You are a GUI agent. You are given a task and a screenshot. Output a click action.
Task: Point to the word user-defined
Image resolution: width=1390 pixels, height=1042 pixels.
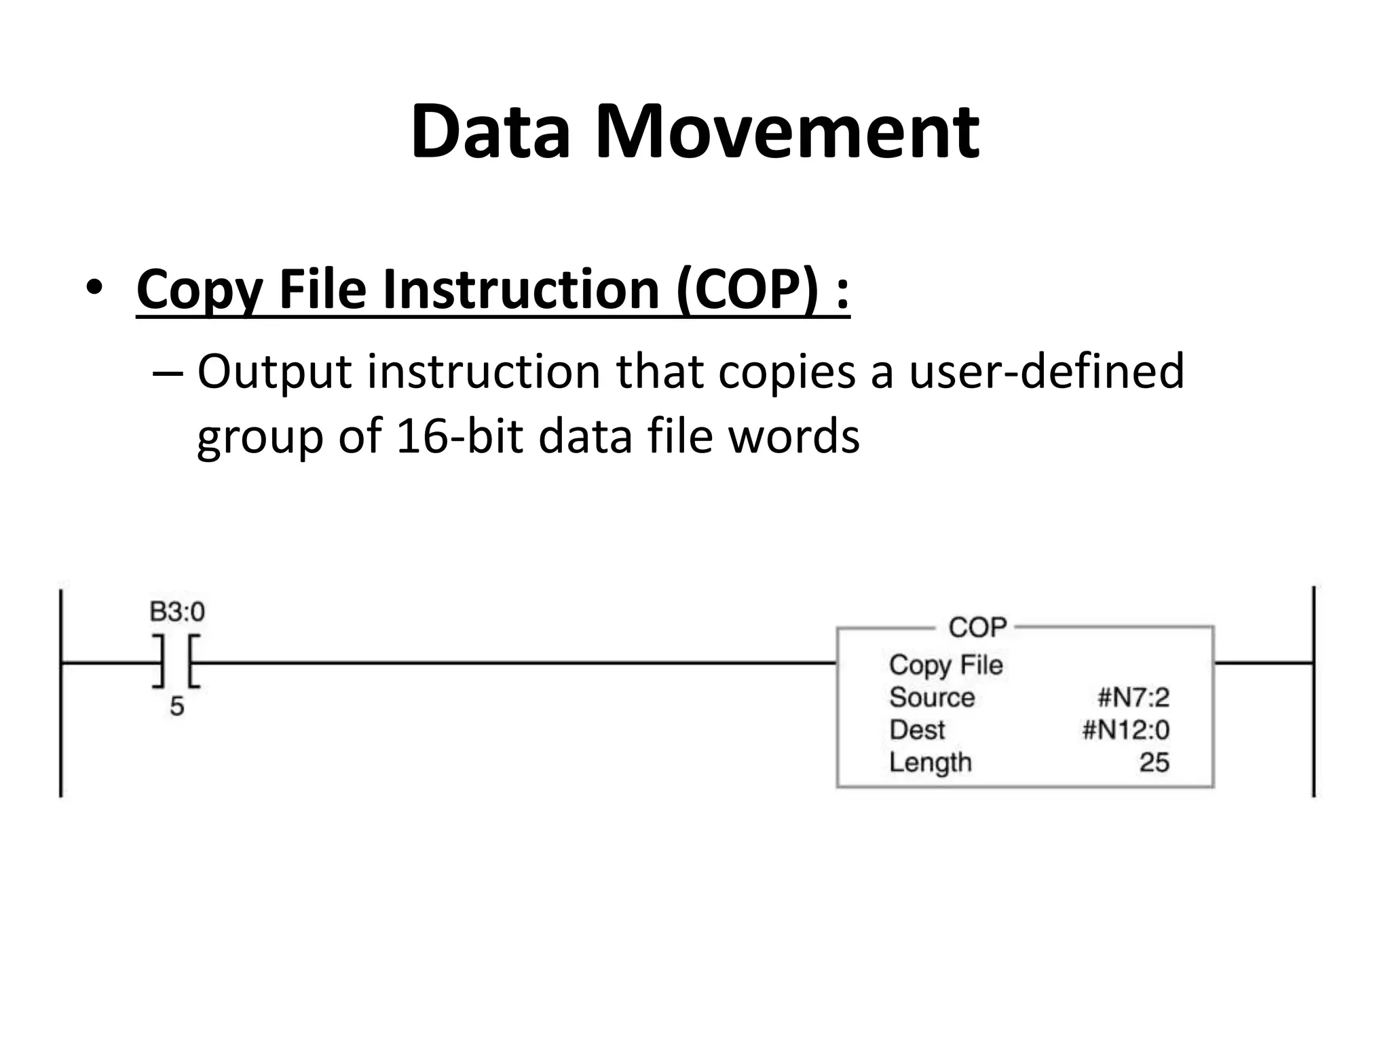click(1045, 372)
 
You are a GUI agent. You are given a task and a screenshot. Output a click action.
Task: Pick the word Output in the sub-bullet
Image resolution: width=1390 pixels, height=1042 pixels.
click(274, 372)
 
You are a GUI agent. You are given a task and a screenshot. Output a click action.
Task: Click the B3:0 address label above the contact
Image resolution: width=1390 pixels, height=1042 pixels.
click(177, 612)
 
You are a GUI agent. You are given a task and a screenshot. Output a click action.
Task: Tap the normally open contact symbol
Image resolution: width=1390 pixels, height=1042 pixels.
click(176, 662)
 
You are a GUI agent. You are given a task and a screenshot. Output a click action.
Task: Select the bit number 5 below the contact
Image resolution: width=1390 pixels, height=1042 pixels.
click(176, 707)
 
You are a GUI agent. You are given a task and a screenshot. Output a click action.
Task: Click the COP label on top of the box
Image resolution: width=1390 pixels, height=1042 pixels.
click(977, 628)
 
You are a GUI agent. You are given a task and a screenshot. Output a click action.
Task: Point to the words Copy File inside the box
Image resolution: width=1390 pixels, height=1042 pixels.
click(945, 665)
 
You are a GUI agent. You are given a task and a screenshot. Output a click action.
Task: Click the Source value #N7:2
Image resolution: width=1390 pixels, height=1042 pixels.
click(1133, 697)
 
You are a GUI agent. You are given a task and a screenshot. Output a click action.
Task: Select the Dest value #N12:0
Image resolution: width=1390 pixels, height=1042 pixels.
click(1125, 730)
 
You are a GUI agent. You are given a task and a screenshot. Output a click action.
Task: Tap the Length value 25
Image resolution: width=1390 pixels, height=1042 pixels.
click(1154, 763)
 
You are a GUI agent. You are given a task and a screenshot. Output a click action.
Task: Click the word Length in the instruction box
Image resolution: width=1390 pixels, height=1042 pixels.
click(931, 763)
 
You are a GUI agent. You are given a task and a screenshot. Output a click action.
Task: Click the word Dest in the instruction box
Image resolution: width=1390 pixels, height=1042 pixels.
click(917, 730)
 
